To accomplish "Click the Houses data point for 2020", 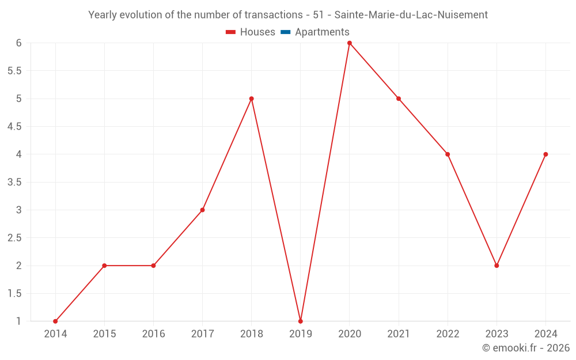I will [x=350, y=43].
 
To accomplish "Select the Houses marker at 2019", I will [x=301, y=321].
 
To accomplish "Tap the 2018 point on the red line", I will [x=252, y=98].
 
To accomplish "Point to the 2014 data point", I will [x=55, y=321].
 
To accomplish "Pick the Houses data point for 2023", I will [x=497, y=266].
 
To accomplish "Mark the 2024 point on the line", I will [x=545, y=154].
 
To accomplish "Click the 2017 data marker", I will [x=202, y=210].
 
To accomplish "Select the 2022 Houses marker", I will [x=448, y=154].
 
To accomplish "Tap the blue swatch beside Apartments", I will [x=285, y=32].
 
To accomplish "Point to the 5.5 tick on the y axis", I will [x=14, y=71].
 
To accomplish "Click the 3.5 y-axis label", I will [x=14, y=182].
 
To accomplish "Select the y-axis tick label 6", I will [x=18, y=43].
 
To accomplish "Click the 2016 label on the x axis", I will [x=153, y=334].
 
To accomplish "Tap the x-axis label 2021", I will [x=399, y=334].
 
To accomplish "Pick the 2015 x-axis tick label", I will [x=104, y=334].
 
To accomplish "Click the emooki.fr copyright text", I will [x=526, y=348].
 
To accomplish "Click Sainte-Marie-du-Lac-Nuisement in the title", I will [x=411, y=15].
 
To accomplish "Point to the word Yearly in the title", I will [x=102, y=15].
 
